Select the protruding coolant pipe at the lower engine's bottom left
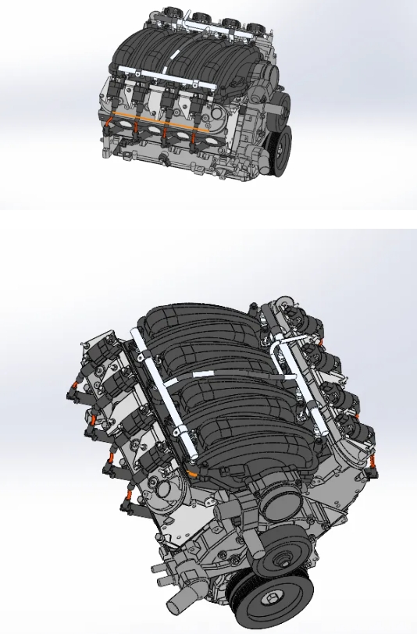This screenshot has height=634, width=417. coord(178,601)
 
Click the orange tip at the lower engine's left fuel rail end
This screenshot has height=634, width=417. coord(192,472)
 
